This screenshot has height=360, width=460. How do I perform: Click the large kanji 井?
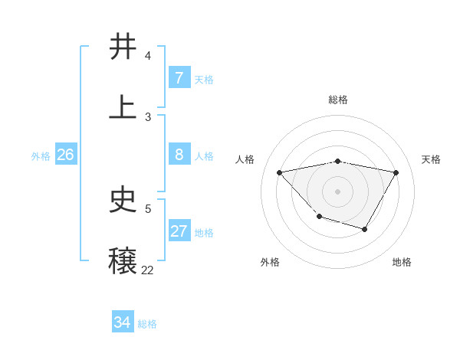[123, 47]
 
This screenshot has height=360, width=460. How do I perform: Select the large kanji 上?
[123, 108]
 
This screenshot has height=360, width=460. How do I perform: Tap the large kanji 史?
[123, 200]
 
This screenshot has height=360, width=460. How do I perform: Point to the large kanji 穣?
[123, 261]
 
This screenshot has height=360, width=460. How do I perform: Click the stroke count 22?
[147, 270]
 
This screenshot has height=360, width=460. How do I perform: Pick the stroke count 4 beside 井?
[148, 56]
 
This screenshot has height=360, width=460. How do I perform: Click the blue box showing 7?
[179, 78]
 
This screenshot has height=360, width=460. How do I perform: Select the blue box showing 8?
[179, 155]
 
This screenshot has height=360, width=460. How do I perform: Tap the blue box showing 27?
[179, 231]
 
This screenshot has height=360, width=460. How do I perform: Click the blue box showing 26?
[65, 155]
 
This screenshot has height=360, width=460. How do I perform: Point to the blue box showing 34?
[122, 322]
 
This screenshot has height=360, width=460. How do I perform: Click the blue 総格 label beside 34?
[147, 324]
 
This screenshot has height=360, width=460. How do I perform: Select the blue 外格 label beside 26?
[41, 156]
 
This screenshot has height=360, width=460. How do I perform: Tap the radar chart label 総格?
[338, 100]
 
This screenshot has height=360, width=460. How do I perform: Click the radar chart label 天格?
[432, 159]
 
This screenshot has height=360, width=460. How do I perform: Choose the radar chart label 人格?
[245, 159]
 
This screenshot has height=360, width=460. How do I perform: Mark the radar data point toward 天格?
[396, 172]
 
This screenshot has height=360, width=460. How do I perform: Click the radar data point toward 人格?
[280, 172]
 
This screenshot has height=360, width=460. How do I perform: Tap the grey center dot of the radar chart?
[337, 191]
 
